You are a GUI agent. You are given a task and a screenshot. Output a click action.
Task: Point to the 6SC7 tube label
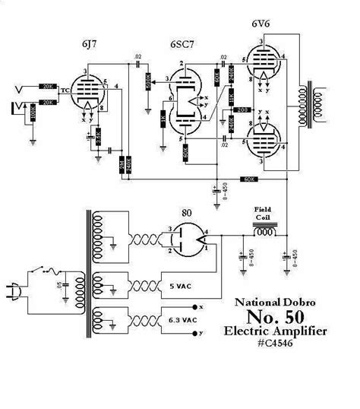[x=181, y=43]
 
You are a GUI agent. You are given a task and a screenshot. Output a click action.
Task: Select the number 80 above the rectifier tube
[x=186, y=212]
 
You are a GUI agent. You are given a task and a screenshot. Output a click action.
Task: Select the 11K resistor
[x=230, y=102]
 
